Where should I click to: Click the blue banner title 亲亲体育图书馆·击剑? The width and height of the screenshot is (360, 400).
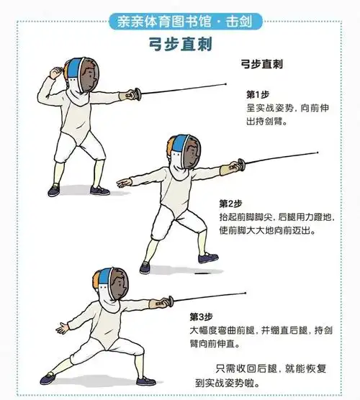point(185,22)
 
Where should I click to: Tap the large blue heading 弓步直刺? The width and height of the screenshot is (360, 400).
point(181,45)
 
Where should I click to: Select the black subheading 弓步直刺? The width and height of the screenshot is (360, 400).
point(261,64)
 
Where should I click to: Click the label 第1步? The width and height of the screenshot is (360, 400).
point(258,95)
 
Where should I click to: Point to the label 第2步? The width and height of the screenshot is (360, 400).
point(230,204)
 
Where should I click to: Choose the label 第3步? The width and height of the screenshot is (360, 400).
point(201,317)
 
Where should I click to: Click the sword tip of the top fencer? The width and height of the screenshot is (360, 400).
point(225,83)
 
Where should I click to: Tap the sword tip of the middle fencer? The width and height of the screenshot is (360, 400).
point(318,153)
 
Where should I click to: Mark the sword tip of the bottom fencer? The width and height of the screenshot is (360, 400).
point(246,293)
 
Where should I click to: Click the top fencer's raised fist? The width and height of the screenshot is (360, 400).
point(56,73)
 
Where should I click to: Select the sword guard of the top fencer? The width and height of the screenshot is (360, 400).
point(138,94)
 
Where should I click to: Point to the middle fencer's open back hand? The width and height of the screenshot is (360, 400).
point(124,183)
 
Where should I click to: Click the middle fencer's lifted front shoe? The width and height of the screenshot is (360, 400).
point(208,258)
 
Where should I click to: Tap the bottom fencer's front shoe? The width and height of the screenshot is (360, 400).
point(146,381)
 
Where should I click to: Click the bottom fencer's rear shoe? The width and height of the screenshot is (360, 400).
point(48,378)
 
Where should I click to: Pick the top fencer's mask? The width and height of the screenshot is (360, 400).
point(81,75)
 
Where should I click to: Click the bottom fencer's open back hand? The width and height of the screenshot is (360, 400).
point(63,328)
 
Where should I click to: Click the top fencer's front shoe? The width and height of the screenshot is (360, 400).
point(100,191)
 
